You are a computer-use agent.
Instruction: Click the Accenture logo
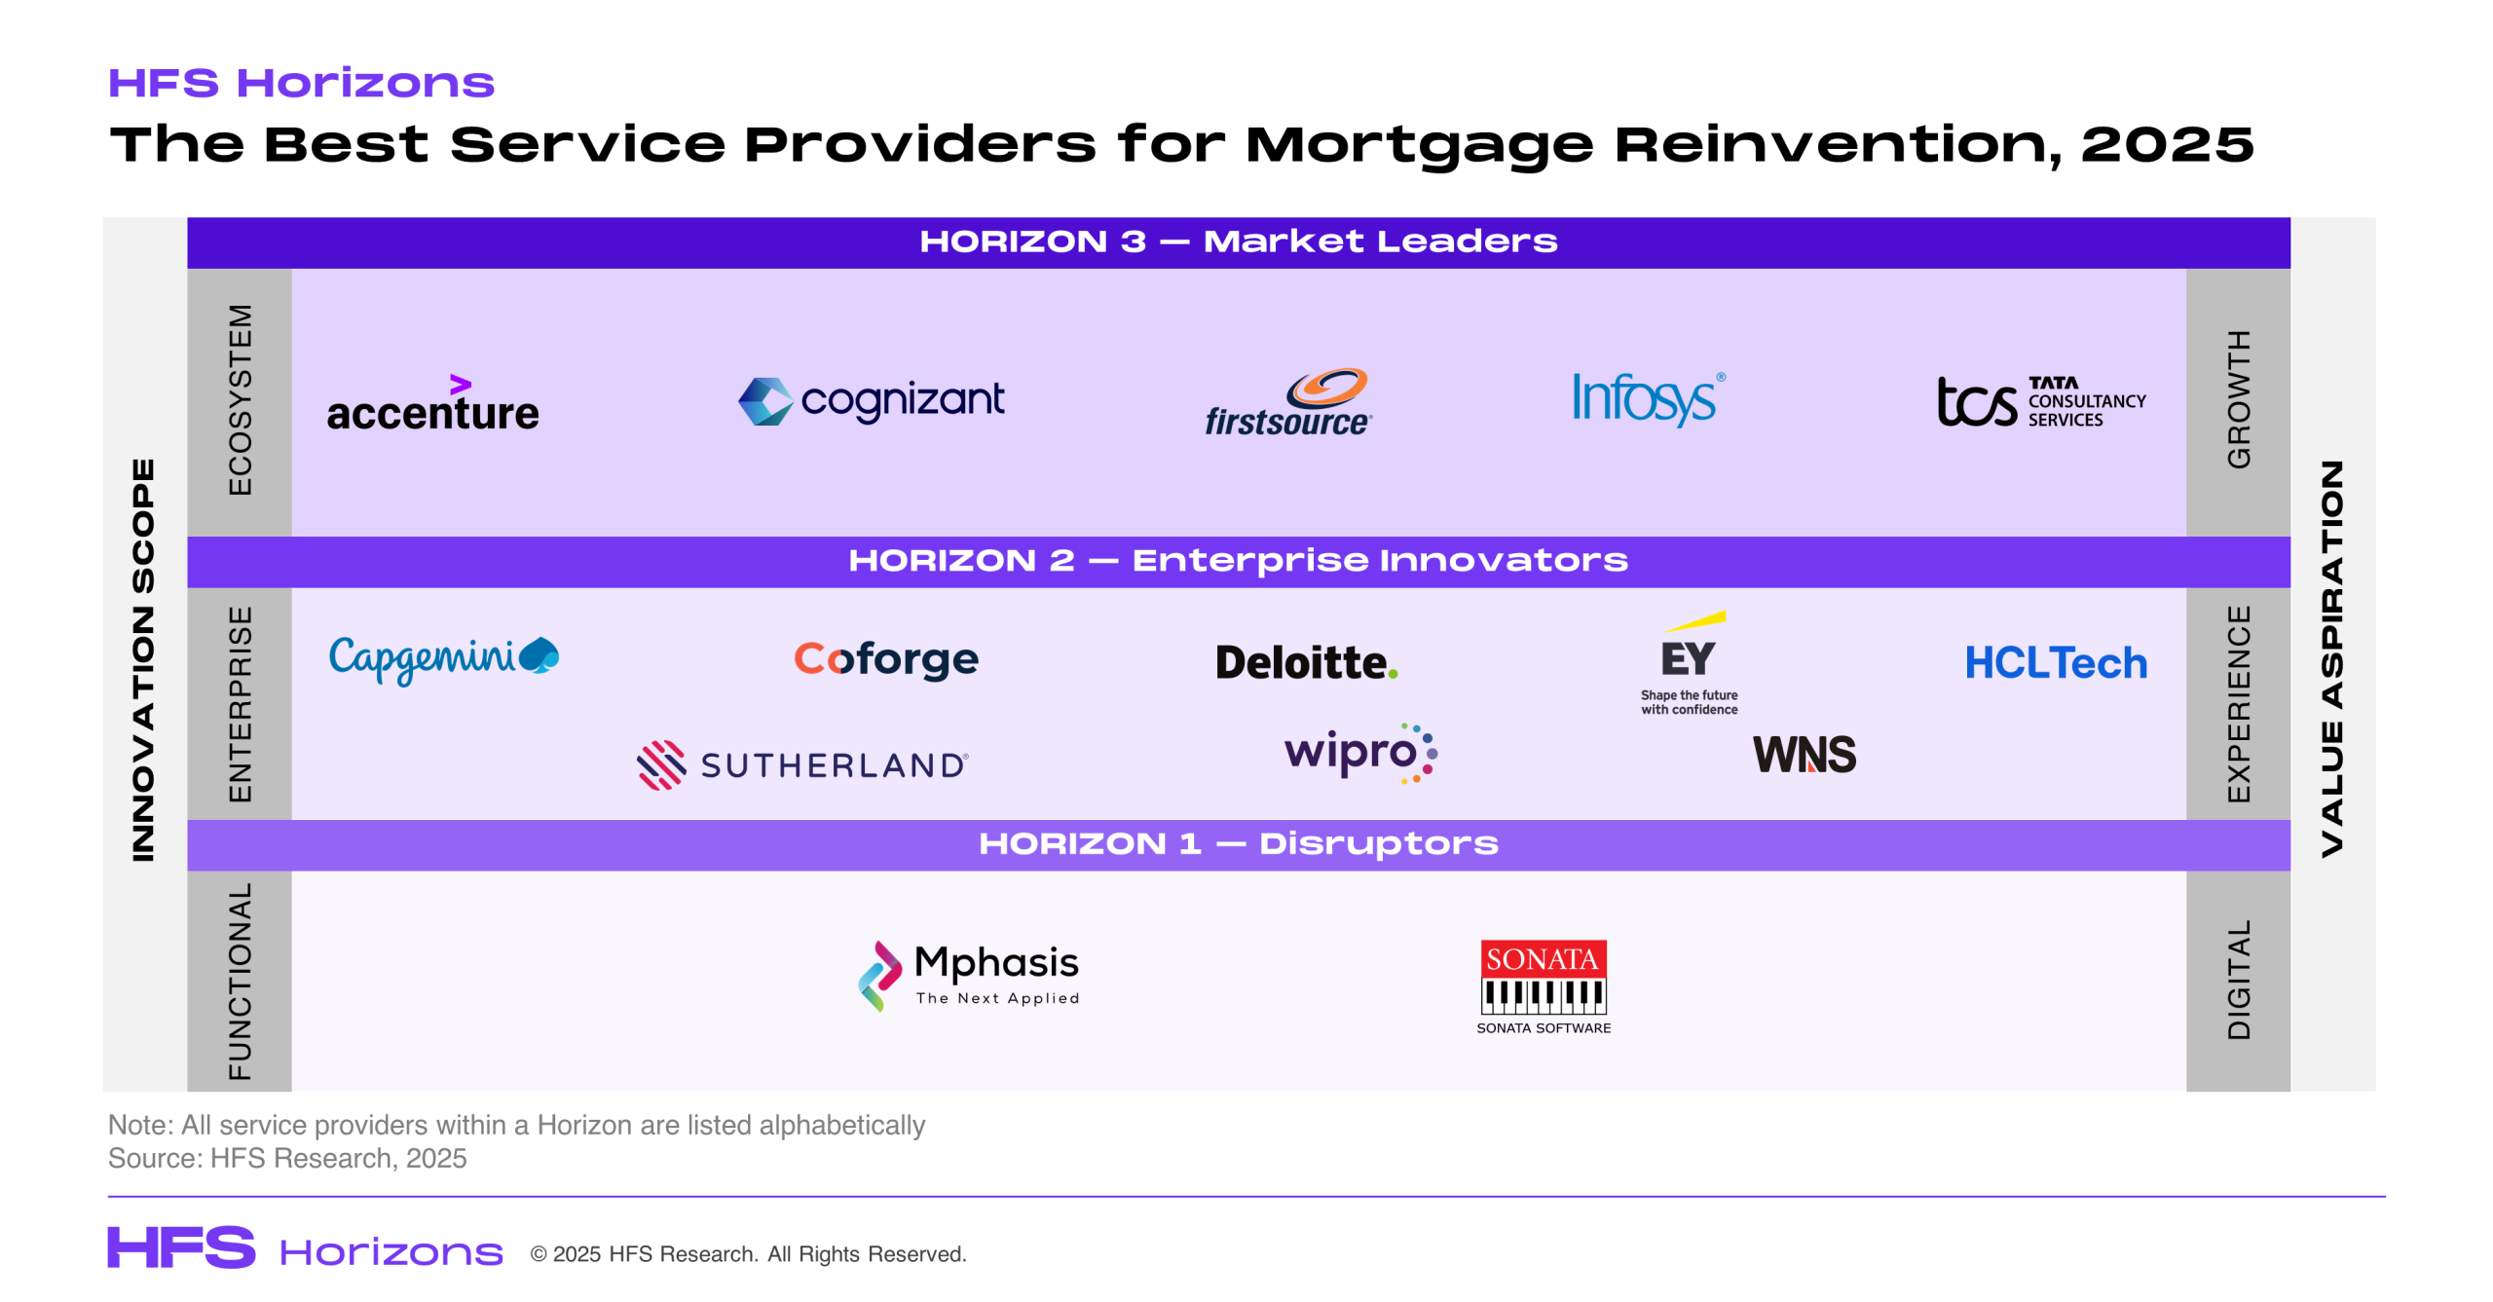point(432,402)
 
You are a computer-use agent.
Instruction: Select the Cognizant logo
point(871,400)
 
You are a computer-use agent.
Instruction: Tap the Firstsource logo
point(1288,401)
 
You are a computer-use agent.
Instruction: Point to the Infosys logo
point(1648,398)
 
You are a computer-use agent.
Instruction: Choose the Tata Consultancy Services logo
point(2041,401)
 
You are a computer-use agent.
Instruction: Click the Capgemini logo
point(444,659)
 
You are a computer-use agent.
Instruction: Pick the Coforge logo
point(886,659)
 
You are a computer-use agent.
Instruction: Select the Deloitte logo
point(1306,662)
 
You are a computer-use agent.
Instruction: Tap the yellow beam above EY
point(1695,620)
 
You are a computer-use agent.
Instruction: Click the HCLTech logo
point(2056,663)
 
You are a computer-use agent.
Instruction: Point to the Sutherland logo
point(802,765)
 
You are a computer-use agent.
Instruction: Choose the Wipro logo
point(1360,753)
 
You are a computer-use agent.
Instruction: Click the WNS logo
point(1805,755)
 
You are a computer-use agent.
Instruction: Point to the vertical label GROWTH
point(2239,399)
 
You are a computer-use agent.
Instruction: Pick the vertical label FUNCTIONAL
point(240,982)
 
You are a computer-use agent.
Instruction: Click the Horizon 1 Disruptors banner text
point(1239,843)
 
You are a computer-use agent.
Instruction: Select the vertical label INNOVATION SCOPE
point(143,660)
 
